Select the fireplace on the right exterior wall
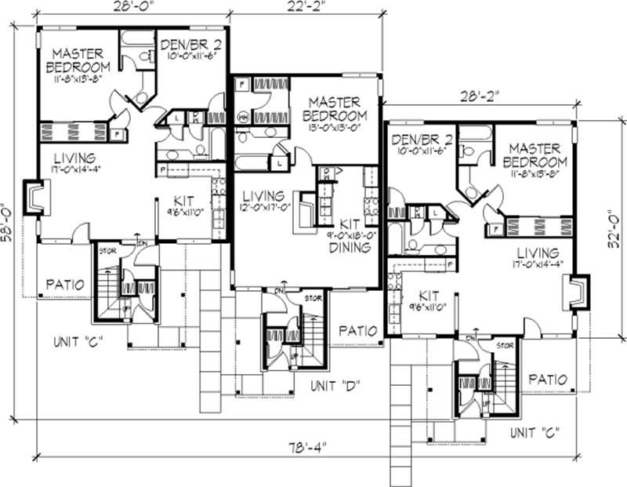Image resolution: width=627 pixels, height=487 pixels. (580, 294)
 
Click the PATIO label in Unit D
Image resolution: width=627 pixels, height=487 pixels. (357, 330)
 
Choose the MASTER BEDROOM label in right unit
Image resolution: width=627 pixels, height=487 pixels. (535, 154)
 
